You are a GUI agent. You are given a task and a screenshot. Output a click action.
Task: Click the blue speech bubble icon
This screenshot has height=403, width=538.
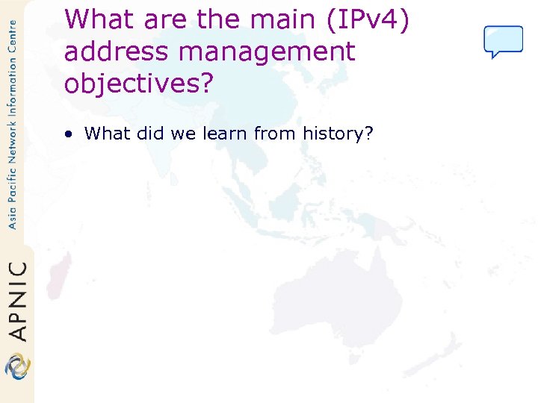tap(503, 41)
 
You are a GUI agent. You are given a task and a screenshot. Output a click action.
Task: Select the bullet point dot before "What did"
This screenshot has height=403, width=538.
tap(69, 134)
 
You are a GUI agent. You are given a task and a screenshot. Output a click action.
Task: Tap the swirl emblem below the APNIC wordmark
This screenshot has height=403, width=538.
tap(16, 366)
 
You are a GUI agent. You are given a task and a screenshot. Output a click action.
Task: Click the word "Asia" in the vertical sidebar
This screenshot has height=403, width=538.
tap(12, 215)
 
